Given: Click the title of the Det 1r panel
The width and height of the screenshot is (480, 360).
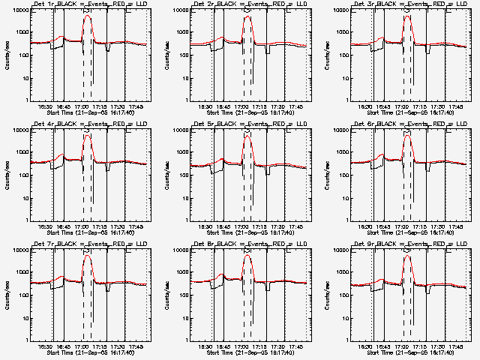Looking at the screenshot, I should (x=91, y=5).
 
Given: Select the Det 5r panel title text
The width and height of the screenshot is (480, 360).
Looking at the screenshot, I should (x=252, y=125).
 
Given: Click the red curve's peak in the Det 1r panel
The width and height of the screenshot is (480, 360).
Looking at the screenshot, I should (x=88, y=15).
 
